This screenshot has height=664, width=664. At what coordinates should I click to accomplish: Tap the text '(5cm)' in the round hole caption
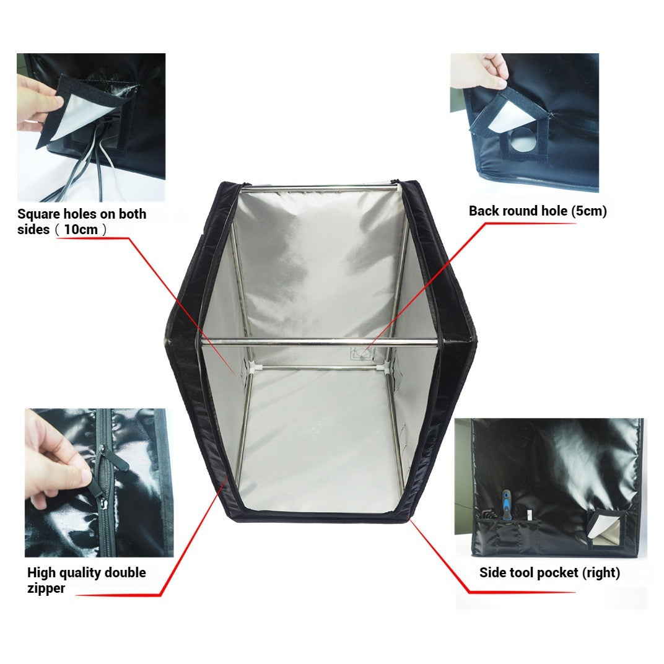(588, 211)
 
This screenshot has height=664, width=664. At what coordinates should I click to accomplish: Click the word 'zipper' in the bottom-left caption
(46, 588)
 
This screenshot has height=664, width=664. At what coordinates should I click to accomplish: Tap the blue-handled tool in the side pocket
(507, 505)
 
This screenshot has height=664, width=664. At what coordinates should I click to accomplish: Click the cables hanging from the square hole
(93, 167)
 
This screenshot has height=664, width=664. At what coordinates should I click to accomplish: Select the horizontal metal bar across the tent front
(322, 340)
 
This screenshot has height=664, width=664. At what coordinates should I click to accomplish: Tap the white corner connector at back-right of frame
(388, 368)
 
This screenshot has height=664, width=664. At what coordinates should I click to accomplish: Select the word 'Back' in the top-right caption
(483, 211)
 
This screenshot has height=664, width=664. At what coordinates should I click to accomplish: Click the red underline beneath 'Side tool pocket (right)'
(520, 592)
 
